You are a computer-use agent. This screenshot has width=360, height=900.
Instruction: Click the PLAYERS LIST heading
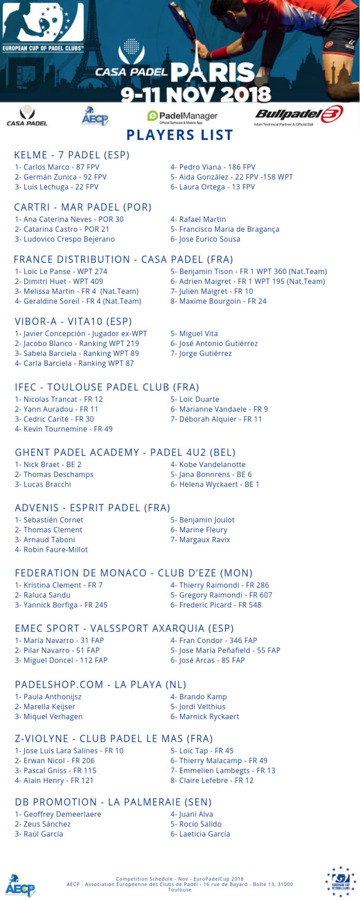click(179, 135)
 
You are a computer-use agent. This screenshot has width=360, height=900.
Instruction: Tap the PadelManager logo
click(182, 116)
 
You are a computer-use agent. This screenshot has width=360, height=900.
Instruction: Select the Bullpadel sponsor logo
click(298, 115)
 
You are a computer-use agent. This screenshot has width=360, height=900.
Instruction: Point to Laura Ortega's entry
click(213, 187)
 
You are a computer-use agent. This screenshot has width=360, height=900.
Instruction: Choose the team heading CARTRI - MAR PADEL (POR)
click(83, 207)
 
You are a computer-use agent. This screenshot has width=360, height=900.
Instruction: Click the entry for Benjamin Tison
click(248, 272)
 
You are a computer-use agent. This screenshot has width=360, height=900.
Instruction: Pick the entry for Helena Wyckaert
click(215, 484)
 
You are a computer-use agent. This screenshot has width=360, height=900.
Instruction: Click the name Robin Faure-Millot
click(51, 549)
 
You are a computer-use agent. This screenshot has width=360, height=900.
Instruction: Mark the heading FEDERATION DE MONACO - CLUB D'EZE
click(133, 573)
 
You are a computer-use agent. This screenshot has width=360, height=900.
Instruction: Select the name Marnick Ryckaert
click(205, 716)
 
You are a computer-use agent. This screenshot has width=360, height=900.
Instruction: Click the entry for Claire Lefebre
click(212, 780)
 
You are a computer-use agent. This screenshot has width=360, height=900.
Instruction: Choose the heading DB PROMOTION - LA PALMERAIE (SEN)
click(113, 802)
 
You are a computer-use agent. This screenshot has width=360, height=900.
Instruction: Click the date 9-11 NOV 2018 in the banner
click(196, 95)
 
